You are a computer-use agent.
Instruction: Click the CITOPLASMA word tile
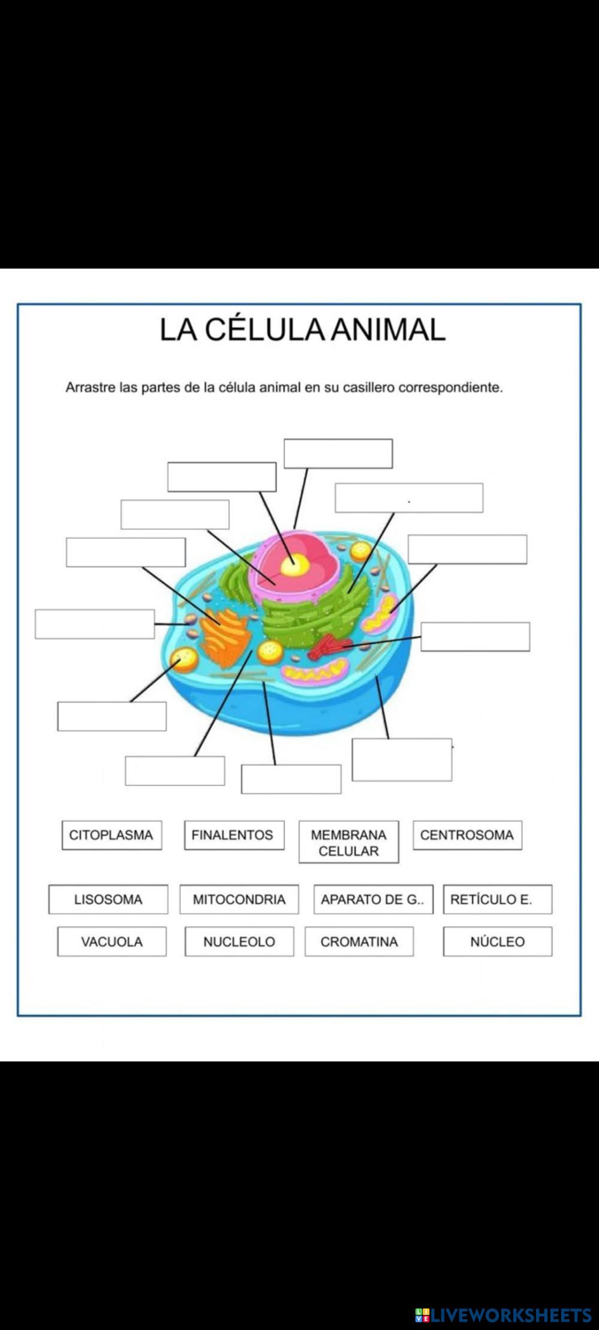111,835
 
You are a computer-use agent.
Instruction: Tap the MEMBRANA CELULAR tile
349,842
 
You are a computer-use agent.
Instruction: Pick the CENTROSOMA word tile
467,835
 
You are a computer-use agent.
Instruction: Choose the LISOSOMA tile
108,899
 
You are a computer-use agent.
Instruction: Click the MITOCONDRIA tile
239,899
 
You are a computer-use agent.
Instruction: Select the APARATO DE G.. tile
373,899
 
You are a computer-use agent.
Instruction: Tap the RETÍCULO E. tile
497,899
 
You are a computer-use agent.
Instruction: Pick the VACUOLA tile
112,942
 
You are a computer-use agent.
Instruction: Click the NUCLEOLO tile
239,942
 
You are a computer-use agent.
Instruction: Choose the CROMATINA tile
359,942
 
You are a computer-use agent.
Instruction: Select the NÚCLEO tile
497,942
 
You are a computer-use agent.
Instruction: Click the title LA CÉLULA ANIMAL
302,330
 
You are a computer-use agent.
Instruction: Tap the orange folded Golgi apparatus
225,637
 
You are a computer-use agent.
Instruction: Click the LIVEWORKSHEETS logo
503,1314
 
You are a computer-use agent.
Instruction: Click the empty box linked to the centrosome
475,636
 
